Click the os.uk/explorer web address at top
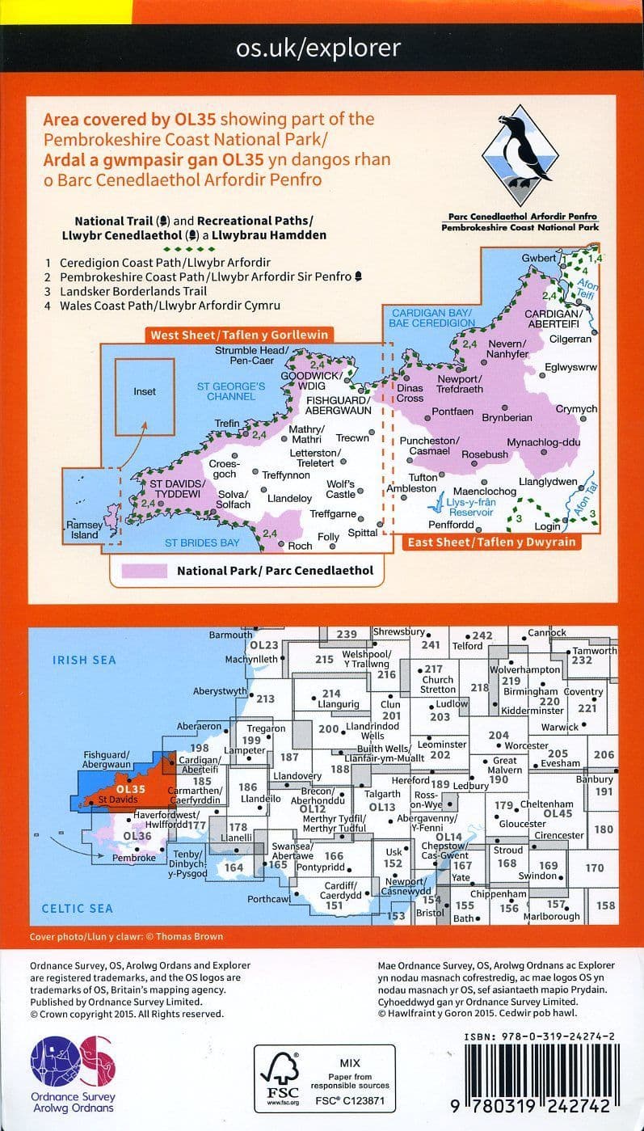[x=318, y=48]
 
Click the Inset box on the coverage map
[x=145, y=392]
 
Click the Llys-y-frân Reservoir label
[x=470, y=508]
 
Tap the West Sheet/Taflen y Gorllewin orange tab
[x=240, y=335]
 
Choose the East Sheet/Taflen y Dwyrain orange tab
[x=491, y=542]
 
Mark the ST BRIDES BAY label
[x=202, y=542]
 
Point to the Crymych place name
[x=576, y=410]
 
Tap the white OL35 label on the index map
[x=131, y=789]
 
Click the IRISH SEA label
[x=84, y=660]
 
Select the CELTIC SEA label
[x=78, y=909]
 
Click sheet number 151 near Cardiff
[x=334, y=906]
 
